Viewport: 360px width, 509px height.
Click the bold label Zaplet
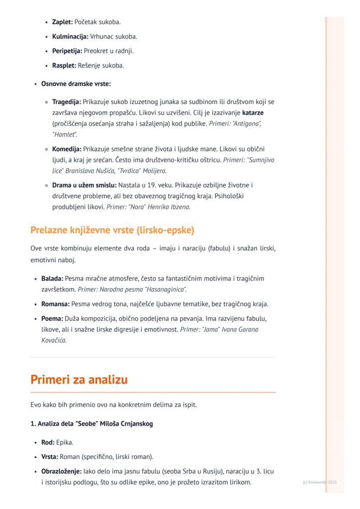pyautogui.click(x=62, y=21)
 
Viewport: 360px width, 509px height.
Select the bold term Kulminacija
pyautogui.click(x=70, y=36)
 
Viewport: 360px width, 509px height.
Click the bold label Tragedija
pyautogui.click(x=67, y=102)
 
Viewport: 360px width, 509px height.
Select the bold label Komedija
pyautogui.click(x=67, y=149)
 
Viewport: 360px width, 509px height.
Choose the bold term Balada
pyautogui.click(x=52, y=278)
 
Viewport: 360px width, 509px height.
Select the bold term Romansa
pyautogui.click(x=55, y=303)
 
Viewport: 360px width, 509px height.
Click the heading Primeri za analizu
pyautogui.click(x=79, y=379)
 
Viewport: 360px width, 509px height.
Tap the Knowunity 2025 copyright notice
pyautogui.click(x=319, y=482)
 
